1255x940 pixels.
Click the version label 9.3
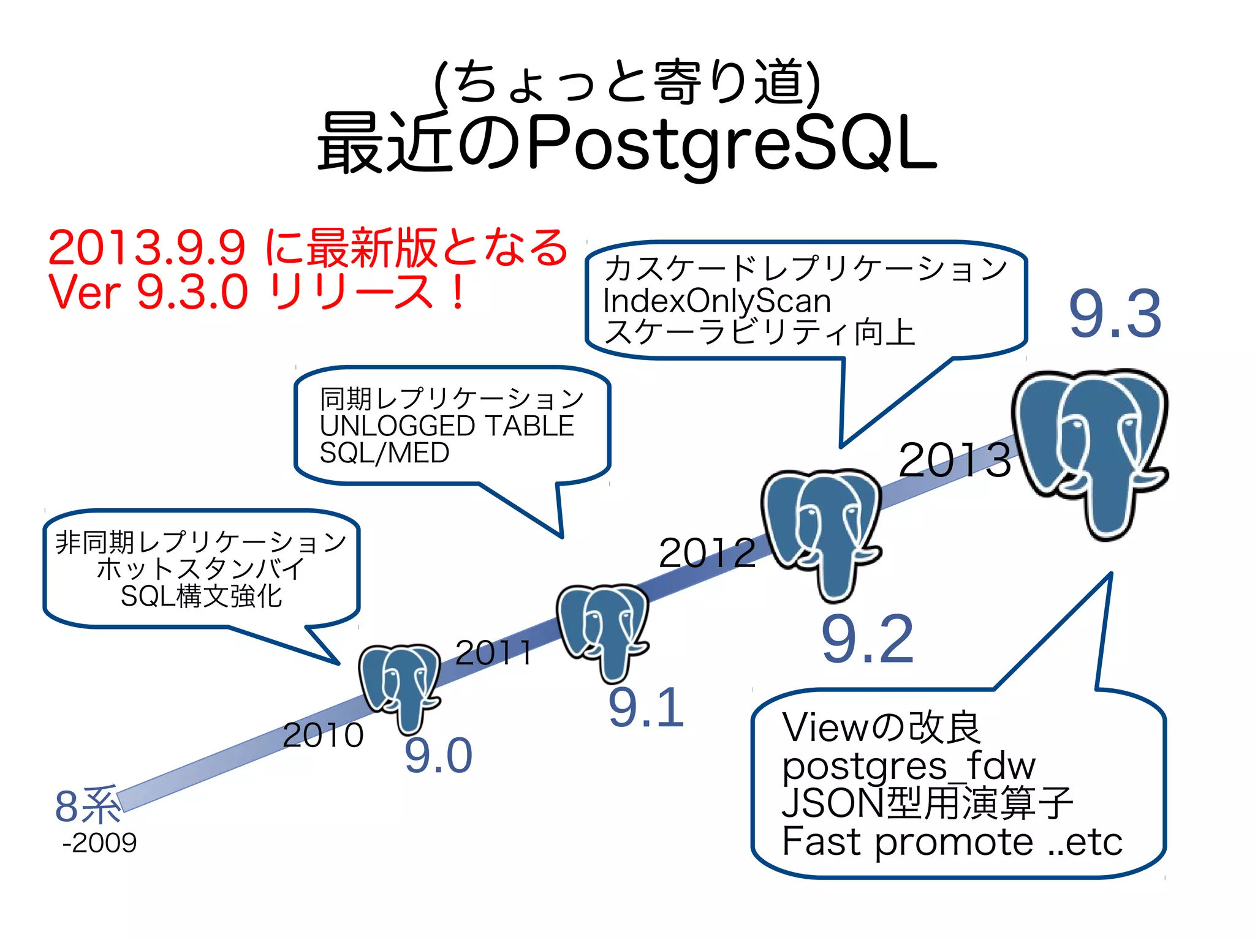(1115, 314)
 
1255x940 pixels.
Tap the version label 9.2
(867, 640)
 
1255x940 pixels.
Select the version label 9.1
(646, 708)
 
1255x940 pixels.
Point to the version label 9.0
(438, 756)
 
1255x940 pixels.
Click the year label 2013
(954, 460)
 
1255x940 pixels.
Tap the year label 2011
(494, 652)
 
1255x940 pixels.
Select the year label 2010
(323, 735)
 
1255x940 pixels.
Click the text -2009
(99, 843)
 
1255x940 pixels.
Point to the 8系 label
(87, 806)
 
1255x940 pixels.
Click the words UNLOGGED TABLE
(447, 426)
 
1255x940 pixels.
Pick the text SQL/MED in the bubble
(384, 453)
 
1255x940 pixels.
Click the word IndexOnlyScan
(716, 301)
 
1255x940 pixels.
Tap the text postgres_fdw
(908, 765)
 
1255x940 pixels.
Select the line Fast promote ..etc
(952, 841)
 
